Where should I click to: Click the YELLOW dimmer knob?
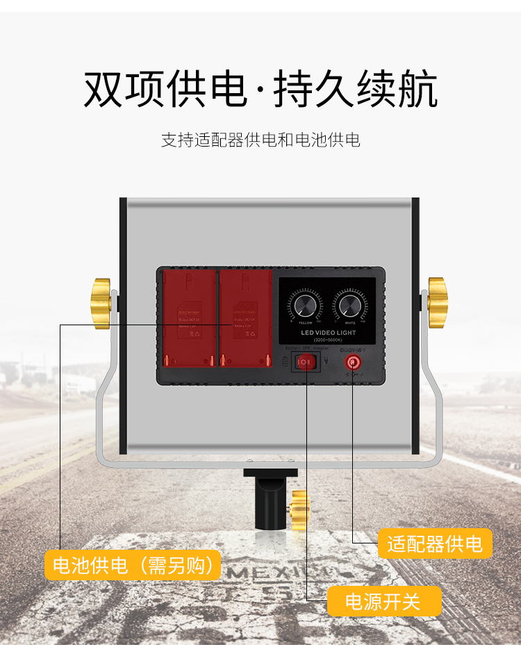click(306, 305)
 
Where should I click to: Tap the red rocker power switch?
click(306, 361)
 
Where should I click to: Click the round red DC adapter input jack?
click(353, 362)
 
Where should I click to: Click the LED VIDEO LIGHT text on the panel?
click(327, 334)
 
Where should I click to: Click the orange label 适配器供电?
click(435, 543)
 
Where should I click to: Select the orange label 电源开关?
click(383, 601)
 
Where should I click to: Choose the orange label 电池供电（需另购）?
click(133, 565)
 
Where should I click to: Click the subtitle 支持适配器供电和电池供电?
click(260, 140)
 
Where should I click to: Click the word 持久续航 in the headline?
click(356, 90)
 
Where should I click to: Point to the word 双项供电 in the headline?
click(165, 90)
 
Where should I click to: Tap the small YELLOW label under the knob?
click(305, 323)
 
